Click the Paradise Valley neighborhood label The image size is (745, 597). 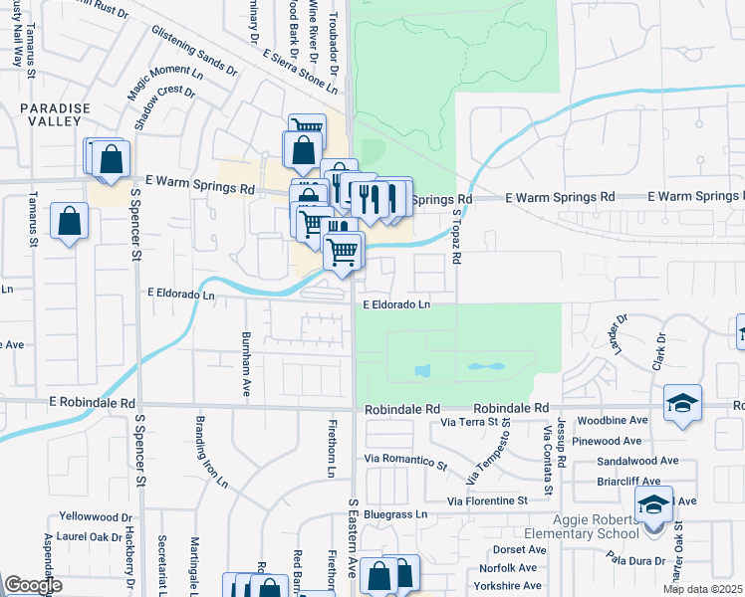tap(55, 114)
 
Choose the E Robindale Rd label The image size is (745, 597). tap(91, 403)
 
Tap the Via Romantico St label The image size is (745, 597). tap(406, 460)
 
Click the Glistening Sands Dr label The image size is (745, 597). tap(194, 52)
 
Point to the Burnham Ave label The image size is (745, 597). tap(246, 364)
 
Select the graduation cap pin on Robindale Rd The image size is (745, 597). tap(682, 403)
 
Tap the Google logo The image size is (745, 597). tap(33, 586)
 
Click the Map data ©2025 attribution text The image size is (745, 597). tap(701, 589)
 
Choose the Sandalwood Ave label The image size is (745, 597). tap(637, 462)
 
